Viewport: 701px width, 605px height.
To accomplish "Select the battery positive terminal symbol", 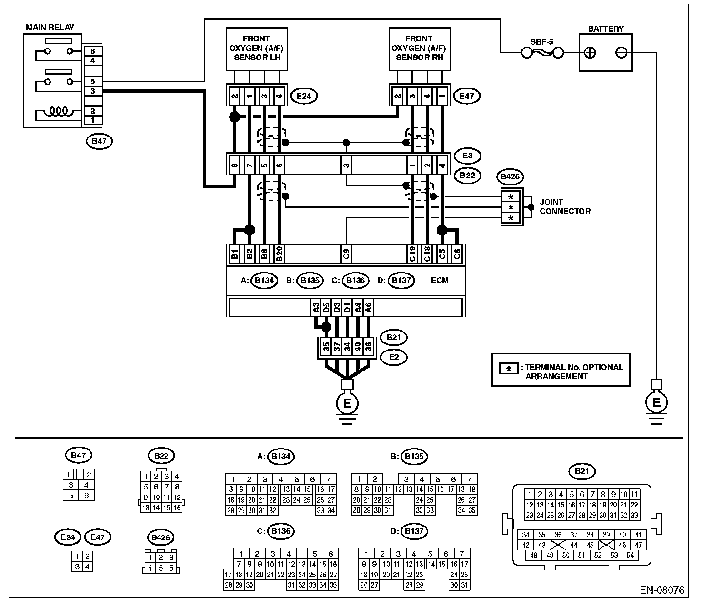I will (x=590, y=52).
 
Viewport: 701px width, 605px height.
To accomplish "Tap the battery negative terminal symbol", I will (x=621, y=52).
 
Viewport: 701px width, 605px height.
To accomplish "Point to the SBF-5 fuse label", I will (x=542, y=42).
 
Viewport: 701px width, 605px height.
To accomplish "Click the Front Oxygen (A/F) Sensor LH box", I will (x=256, y=49).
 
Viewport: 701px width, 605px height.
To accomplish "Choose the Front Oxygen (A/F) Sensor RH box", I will (x=419, y=49).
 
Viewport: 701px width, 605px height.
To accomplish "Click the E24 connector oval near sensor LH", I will (x=303, y=96).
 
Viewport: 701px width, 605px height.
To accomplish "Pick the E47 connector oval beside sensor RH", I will (x=467, y=96).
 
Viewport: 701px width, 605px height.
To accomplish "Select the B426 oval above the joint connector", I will (x=510, y=177).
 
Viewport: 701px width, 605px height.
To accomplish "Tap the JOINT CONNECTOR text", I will (x=565, y=206).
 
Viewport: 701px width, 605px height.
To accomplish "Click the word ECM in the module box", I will (x=439, y=280).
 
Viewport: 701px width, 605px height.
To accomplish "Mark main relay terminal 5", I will (x=93, y=82).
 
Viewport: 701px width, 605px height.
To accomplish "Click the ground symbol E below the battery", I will (x=656, y=403).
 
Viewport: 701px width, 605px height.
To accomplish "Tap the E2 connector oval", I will (x=393, y=357).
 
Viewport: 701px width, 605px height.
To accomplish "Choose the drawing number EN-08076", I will (x=661, y=590).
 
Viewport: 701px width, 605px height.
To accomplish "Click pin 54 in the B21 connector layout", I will (x=630, y=555).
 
